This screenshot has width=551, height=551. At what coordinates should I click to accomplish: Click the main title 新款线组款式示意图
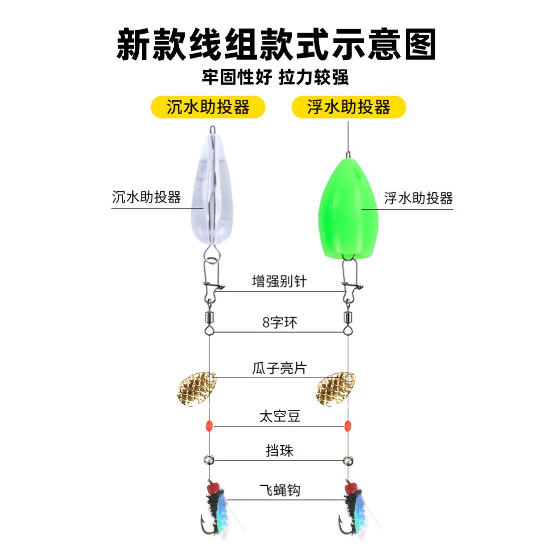[x=275, y=44]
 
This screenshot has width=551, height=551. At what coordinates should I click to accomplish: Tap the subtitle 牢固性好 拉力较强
[x=275, y=77]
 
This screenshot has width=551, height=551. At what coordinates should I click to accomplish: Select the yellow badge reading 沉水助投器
[x=208, y=107]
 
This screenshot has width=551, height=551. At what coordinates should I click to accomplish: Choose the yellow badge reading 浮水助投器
[x=348, y=107]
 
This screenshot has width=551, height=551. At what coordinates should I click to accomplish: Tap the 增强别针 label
[x=279, y=281]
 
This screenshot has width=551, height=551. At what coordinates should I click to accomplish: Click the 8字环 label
[x=280, y=322]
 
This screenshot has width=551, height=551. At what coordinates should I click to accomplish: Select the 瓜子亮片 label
[x=279, y=368]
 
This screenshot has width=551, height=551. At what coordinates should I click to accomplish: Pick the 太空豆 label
[x=280, y=416]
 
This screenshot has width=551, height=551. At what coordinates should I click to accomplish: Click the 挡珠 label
[x=279, y=450]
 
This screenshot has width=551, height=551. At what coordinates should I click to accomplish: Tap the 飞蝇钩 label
[x=280, y=490]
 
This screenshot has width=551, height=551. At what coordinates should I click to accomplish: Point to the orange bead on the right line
[x=346, y=426]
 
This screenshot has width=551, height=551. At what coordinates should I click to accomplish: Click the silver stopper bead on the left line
[x=208, y=459]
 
